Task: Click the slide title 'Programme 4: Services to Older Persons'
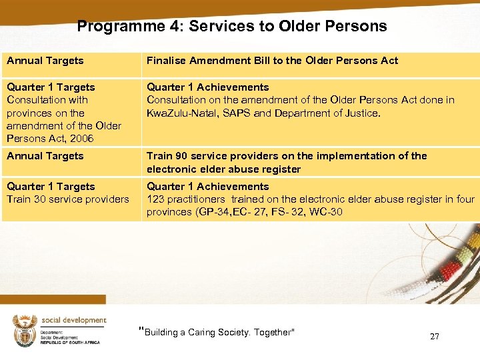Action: (231, 27)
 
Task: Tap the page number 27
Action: (435, 337)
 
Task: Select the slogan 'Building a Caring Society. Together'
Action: (217, 332)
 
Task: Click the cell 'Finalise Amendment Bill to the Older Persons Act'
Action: (272, 61)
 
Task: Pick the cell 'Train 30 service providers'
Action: (68, 199)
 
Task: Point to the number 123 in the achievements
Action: (155, 199)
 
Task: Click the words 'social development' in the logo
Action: (73, 320)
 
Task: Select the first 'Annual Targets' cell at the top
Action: (45, 61)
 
